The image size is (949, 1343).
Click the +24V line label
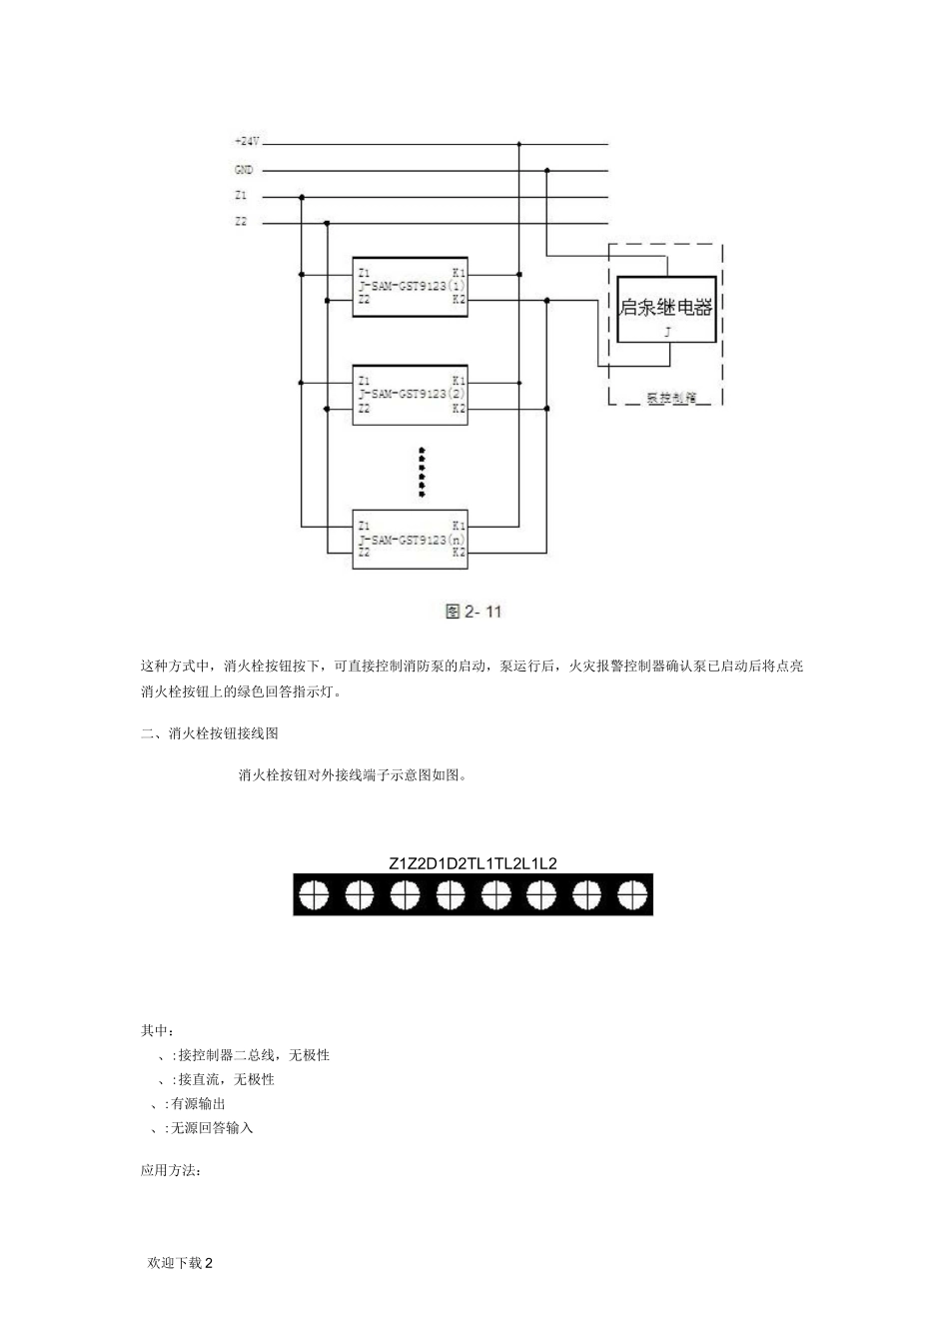246,143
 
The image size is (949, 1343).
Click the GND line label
244,170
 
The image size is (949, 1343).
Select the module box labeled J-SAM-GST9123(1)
411,285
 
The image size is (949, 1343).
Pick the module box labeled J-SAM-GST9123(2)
411,394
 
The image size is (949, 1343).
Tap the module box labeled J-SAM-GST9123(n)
411,538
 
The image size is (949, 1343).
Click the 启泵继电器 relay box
665,309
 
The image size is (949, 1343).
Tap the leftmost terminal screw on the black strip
313,894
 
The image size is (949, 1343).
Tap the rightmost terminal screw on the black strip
632,894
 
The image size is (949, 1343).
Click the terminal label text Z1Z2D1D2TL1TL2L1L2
473,862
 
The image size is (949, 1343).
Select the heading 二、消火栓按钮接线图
209,732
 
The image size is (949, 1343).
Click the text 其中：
158,1030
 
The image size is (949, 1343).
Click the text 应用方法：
171,1170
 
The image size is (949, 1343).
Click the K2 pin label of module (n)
459,552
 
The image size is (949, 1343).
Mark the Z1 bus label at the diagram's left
241,196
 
